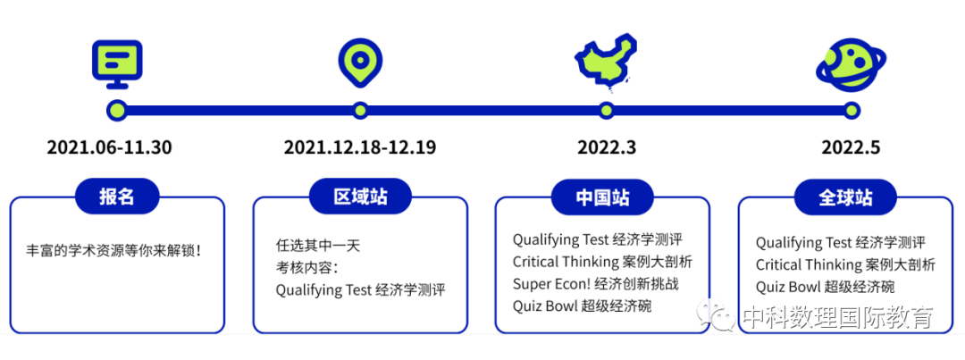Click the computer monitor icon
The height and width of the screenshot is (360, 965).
point(117,63)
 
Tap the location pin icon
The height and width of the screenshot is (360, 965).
point(359,60)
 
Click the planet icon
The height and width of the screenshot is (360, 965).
point(851,64)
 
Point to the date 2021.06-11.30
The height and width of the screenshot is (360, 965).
point(109,147)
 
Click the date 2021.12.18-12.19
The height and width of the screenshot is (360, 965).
point(360,147)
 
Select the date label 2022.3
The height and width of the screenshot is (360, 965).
point(607,147)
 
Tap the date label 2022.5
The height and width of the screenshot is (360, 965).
point(851,147)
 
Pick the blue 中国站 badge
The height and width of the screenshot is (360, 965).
point(602,197)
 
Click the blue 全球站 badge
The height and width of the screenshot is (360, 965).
point(845,197)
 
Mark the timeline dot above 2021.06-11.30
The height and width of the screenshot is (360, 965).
point(115,111)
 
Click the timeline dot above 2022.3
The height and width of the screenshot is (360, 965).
point(607,111)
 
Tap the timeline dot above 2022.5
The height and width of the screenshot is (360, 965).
point(852,111)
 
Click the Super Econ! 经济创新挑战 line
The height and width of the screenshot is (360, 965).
point(595,284)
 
